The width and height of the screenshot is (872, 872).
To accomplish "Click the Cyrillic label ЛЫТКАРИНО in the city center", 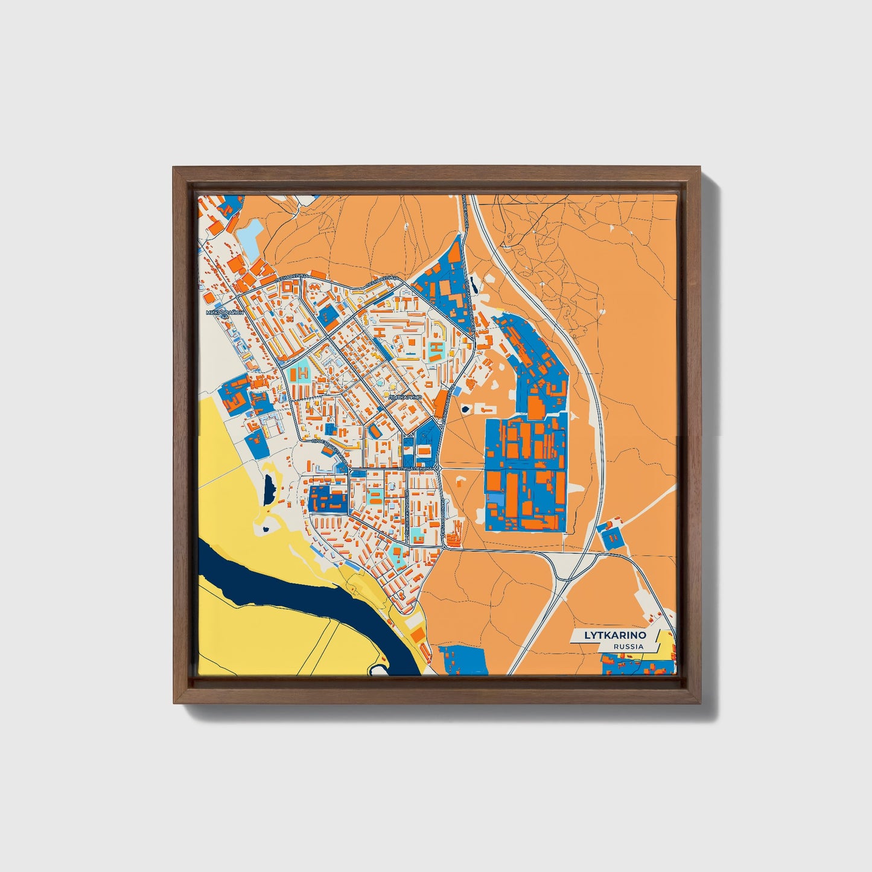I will (x=405, y=398).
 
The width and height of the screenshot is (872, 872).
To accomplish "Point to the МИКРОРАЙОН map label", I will (x=225, y=313).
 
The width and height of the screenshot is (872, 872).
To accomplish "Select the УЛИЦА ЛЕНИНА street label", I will (x=415, y=468).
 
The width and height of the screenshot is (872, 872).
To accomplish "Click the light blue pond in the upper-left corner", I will (x=250, y=237).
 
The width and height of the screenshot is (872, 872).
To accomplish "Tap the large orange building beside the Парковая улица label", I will (x=441, y=403).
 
